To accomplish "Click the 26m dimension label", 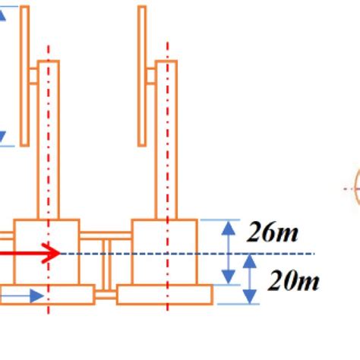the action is (x=272, y=232).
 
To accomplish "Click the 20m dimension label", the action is (x=293, y=280).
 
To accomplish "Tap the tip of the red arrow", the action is (x=61, y=253).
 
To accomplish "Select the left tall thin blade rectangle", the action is (x=24, y=76).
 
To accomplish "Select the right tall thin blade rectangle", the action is (x=142, y=76).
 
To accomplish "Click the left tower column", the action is (x=49, y=140).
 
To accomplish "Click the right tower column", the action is (x=166, y=140).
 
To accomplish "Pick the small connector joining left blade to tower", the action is (x=33, y=76).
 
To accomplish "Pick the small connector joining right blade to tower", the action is (x=150, y=76).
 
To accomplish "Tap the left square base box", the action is (x=46, y=252).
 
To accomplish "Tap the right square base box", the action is (x=165, y=252).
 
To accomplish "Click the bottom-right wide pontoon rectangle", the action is (x=165, y=294).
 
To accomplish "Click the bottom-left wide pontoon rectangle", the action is (x=47, y=294).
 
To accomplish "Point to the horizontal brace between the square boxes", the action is (x=106, y=235).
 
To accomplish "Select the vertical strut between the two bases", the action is (x=106, y=265).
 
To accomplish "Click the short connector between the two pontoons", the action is (x=106, y=295).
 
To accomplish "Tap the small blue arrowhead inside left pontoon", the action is (x=36, y=295).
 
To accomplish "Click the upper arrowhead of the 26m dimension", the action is (x=229, y=228).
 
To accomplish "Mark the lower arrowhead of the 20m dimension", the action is (x=250, y=297).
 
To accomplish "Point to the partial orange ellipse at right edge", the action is (x=357, y=188).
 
